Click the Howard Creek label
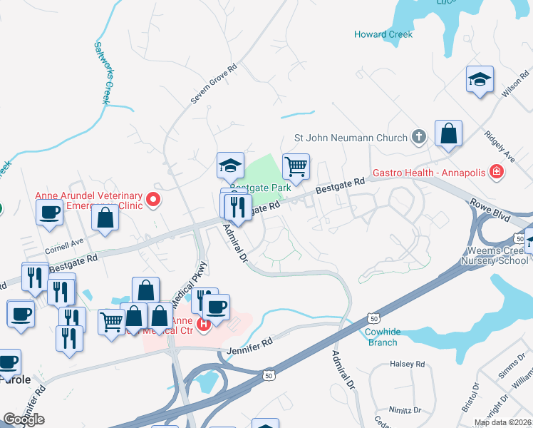pos(383,34)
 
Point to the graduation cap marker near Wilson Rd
pos(480,80)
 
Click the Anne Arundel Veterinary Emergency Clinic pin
pos(152,201)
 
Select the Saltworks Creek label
pos(101,72)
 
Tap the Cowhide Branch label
pos(381,337)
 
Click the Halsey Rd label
pos(407,364)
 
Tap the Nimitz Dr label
pos(406,410)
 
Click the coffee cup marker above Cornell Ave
pos(50,213)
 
